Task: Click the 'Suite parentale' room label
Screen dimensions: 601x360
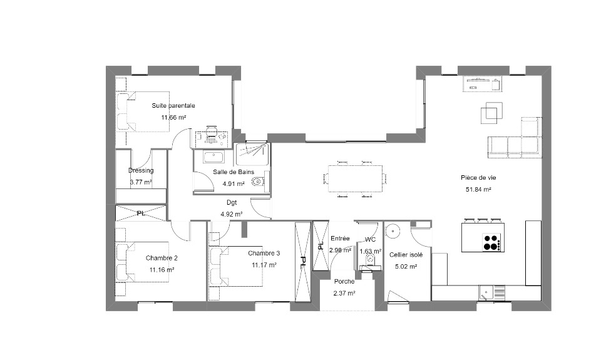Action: [173, 105]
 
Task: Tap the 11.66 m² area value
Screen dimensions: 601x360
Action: [173, 117]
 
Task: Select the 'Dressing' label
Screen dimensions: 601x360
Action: [141, 170]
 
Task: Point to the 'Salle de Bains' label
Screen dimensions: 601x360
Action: [234, 172]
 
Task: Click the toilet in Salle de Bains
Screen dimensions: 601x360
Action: [259, 181]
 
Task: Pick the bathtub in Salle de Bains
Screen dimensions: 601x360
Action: [211, 157]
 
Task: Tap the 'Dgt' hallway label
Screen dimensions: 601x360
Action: [232, 202]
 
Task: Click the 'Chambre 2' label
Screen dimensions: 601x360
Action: [162, 258]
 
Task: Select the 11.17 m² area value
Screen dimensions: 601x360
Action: [264, 265]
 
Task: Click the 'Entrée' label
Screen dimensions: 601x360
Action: [340, 238]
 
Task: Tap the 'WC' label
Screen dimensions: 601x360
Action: [370, 240]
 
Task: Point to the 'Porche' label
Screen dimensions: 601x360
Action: [344, 281]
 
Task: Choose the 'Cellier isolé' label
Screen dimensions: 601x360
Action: [406, 255]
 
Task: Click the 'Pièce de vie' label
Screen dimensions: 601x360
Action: [478, 178]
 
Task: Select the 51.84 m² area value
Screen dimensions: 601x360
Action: [478, 190]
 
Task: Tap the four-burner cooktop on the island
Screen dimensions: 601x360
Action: [491, 242]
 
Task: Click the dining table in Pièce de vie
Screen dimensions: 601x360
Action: [356, 178]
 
